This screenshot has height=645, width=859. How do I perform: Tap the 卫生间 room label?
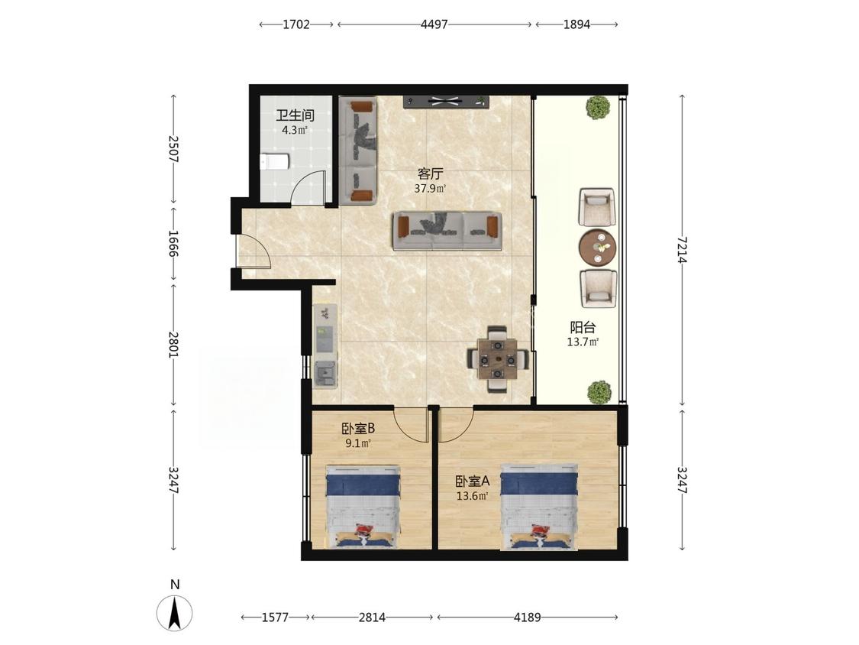(295, 115)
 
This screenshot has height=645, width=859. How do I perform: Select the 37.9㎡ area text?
(430, 190)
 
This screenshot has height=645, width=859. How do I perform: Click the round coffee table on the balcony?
(598, 248)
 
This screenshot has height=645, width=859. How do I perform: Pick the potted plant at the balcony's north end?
(598, 108)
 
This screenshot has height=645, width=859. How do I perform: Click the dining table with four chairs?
(497, 359)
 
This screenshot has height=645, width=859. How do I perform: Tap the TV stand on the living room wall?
(446, 102)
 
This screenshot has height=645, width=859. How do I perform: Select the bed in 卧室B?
(363, 506)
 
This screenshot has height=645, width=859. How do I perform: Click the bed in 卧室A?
(540, 507)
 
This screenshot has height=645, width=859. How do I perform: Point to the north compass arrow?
(175, 613)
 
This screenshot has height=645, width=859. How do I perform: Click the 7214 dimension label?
(682, 250)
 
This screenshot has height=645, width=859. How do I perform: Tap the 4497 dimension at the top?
(434, 24)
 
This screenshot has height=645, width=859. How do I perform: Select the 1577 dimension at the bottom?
(274, 617)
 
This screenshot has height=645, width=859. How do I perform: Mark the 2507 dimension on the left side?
(173, 148)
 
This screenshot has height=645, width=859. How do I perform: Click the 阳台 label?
(583, 327)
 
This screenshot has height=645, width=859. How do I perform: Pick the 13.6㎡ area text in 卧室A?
(472, 497)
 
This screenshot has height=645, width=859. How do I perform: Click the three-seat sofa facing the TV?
(447, 232)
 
